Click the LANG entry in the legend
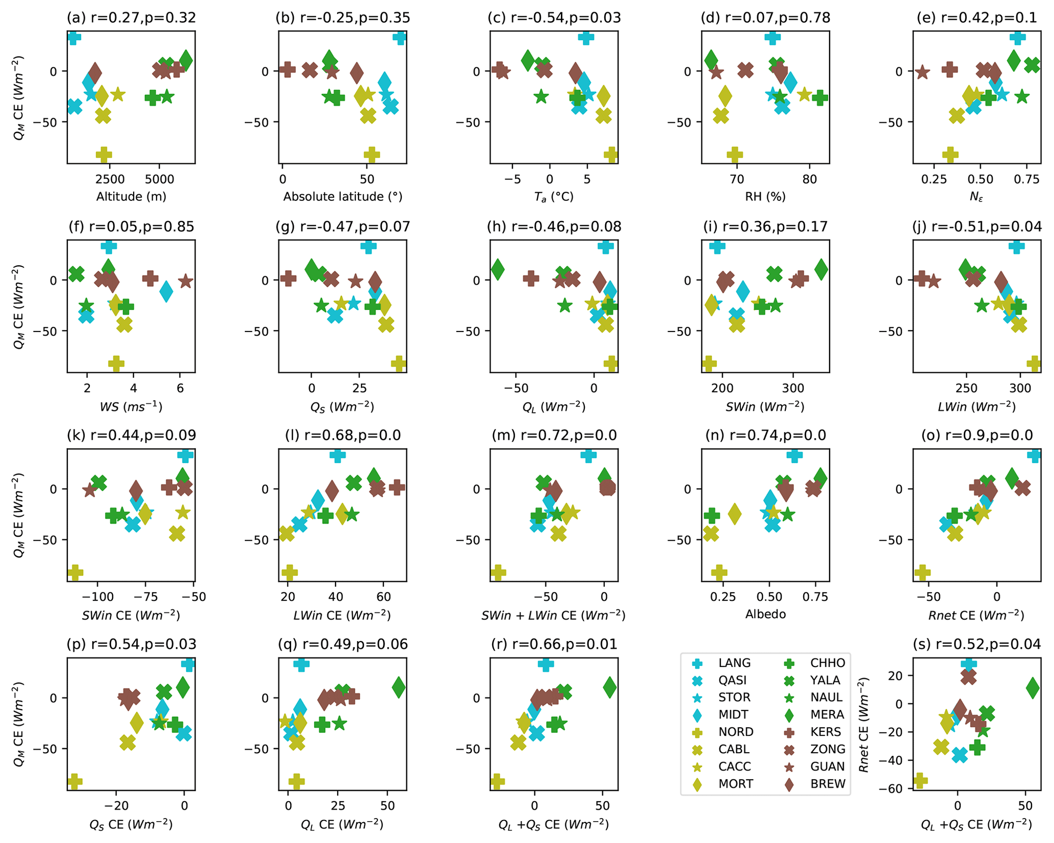(734, 663)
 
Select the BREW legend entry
(827, 784)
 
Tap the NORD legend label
(735, 732)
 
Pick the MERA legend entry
(827, 715)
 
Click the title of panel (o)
(976, 435)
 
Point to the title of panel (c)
(554, 18)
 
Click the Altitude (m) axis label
(131, 196)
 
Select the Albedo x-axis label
(765, 614)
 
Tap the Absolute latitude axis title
(343, 196)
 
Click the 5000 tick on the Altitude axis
(159, 180)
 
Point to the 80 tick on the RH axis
(809, 180)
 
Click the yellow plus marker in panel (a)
(104, 154)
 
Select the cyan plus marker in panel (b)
(399, 37)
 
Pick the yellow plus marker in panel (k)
(75, 572)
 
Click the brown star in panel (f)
(186, 280)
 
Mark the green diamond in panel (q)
(399, 687)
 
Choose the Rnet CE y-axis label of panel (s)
(864, 724)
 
